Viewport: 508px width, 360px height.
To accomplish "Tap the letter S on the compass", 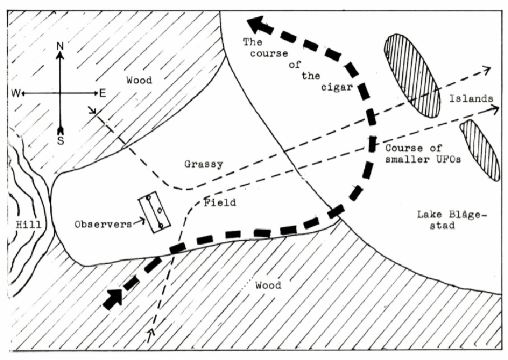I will pos(60,141).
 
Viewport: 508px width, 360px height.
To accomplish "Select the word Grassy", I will pos(204,165).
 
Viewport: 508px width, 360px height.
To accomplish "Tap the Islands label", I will pos(471,99).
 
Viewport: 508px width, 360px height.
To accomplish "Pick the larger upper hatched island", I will pos(413,75).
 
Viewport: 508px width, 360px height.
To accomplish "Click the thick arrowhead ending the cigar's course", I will pos(257,25).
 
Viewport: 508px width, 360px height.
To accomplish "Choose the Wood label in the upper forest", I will pos(139,81).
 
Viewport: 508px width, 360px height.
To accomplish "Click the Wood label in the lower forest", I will pos(268,286).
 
